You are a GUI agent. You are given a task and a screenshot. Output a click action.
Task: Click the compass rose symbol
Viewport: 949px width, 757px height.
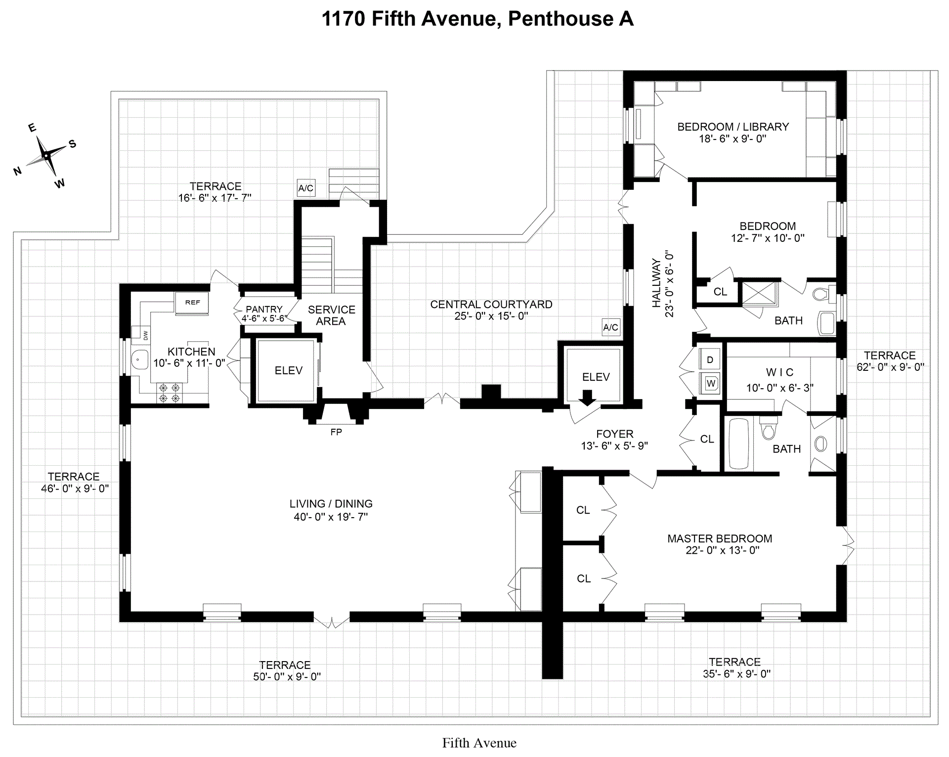click(x=46, y=155)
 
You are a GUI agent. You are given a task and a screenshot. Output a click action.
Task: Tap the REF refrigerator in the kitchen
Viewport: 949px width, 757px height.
click(x=192, y=303)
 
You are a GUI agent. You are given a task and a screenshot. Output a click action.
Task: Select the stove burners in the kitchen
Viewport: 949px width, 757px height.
click(x=169, y=393)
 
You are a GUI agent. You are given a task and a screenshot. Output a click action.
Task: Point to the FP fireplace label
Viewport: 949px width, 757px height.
click(x=336, y=432)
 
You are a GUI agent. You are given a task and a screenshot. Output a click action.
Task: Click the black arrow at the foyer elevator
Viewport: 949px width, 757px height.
click(x=587, y=397)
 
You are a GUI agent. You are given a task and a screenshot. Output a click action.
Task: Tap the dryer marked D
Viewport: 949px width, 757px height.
click(x=710, y=359)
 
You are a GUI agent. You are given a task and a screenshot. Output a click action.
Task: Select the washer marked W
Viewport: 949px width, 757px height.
click(x=710, y=383)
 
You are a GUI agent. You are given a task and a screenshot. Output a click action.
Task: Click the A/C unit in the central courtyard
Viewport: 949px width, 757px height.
click(x=610, y=327)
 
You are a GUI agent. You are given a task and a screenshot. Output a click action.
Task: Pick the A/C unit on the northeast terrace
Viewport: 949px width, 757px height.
click(x=305, y=188)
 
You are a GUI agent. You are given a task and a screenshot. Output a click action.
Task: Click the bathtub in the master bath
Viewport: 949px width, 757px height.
click(x=738, y=444)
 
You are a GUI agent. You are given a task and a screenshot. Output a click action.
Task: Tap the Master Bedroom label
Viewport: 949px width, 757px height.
click(x=719, y=538)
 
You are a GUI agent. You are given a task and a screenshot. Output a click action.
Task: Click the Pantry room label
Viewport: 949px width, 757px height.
click(x=264, y=310)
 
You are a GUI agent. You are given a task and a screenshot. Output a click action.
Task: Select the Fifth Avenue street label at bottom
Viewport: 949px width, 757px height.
click(x=479, y=743)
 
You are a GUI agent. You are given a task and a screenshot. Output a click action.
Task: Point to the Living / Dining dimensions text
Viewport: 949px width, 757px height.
click(x=331, y=517)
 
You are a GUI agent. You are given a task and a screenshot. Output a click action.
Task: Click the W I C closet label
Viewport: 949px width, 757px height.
click(x=779, y=372)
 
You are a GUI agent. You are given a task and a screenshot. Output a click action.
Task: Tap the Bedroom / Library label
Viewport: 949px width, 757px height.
click(x=733, y=127)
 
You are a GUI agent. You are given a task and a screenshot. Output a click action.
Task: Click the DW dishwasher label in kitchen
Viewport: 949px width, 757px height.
click(x=146, y=335)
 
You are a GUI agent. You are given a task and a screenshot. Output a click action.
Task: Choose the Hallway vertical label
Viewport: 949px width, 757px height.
click(x=656, y=283)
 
